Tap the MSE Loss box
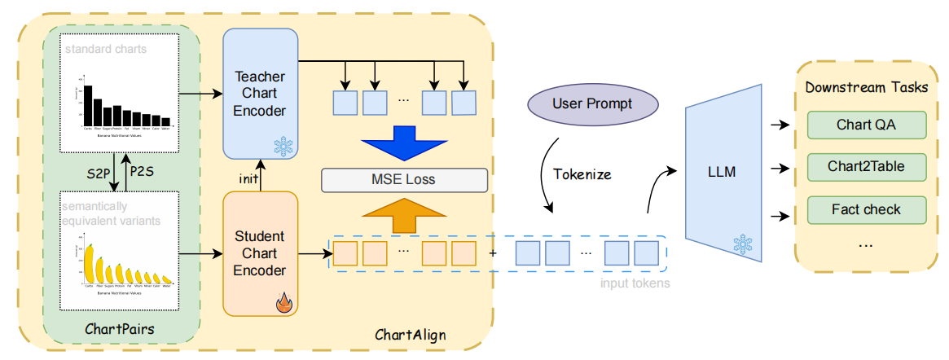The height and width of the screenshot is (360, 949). click(405, 180)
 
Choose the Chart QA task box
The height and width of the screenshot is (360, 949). click(867, 125)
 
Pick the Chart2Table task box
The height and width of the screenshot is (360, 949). click(867, 167)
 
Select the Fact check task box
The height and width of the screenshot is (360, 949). click(867, 209)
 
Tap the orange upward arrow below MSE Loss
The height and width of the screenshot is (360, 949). click(405, 213)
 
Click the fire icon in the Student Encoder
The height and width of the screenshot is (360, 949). click(283, 304)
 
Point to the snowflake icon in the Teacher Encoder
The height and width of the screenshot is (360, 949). click(283, 147)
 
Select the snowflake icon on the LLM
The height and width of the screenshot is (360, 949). click(742, 244)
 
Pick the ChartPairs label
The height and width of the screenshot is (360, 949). click(120, 329)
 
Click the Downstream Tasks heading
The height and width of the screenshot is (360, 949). click(867, 87)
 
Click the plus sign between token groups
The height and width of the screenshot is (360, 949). click(492, 252)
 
